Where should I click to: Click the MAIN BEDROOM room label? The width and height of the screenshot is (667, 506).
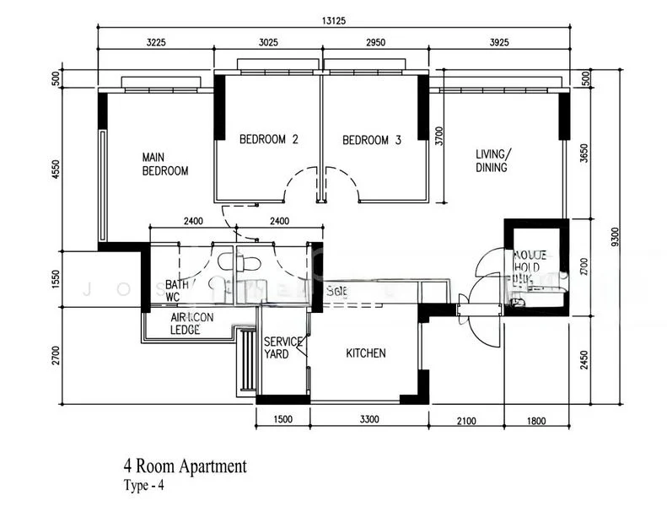click(x=164, y=164)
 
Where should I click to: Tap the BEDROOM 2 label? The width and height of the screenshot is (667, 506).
click(x=268, y=140)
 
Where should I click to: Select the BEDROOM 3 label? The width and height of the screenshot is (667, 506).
click(x=371, y=140)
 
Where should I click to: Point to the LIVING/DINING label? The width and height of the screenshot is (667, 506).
click(x=492, y=160)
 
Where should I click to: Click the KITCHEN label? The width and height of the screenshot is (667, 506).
click(x=365, y=353)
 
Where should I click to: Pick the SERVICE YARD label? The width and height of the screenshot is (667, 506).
click(x=281, y=348)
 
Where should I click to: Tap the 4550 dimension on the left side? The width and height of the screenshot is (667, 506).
click(x=56, y=170)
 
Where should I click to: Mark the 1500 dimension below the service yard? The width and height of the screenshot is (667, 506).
click(x=282, y=420)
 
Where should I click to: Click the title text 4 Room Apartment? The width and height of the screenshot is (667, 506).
click(x=186, y=466)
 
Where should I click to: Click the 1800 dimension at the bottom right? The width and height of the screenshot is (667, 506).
click(x=536, y=420)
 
